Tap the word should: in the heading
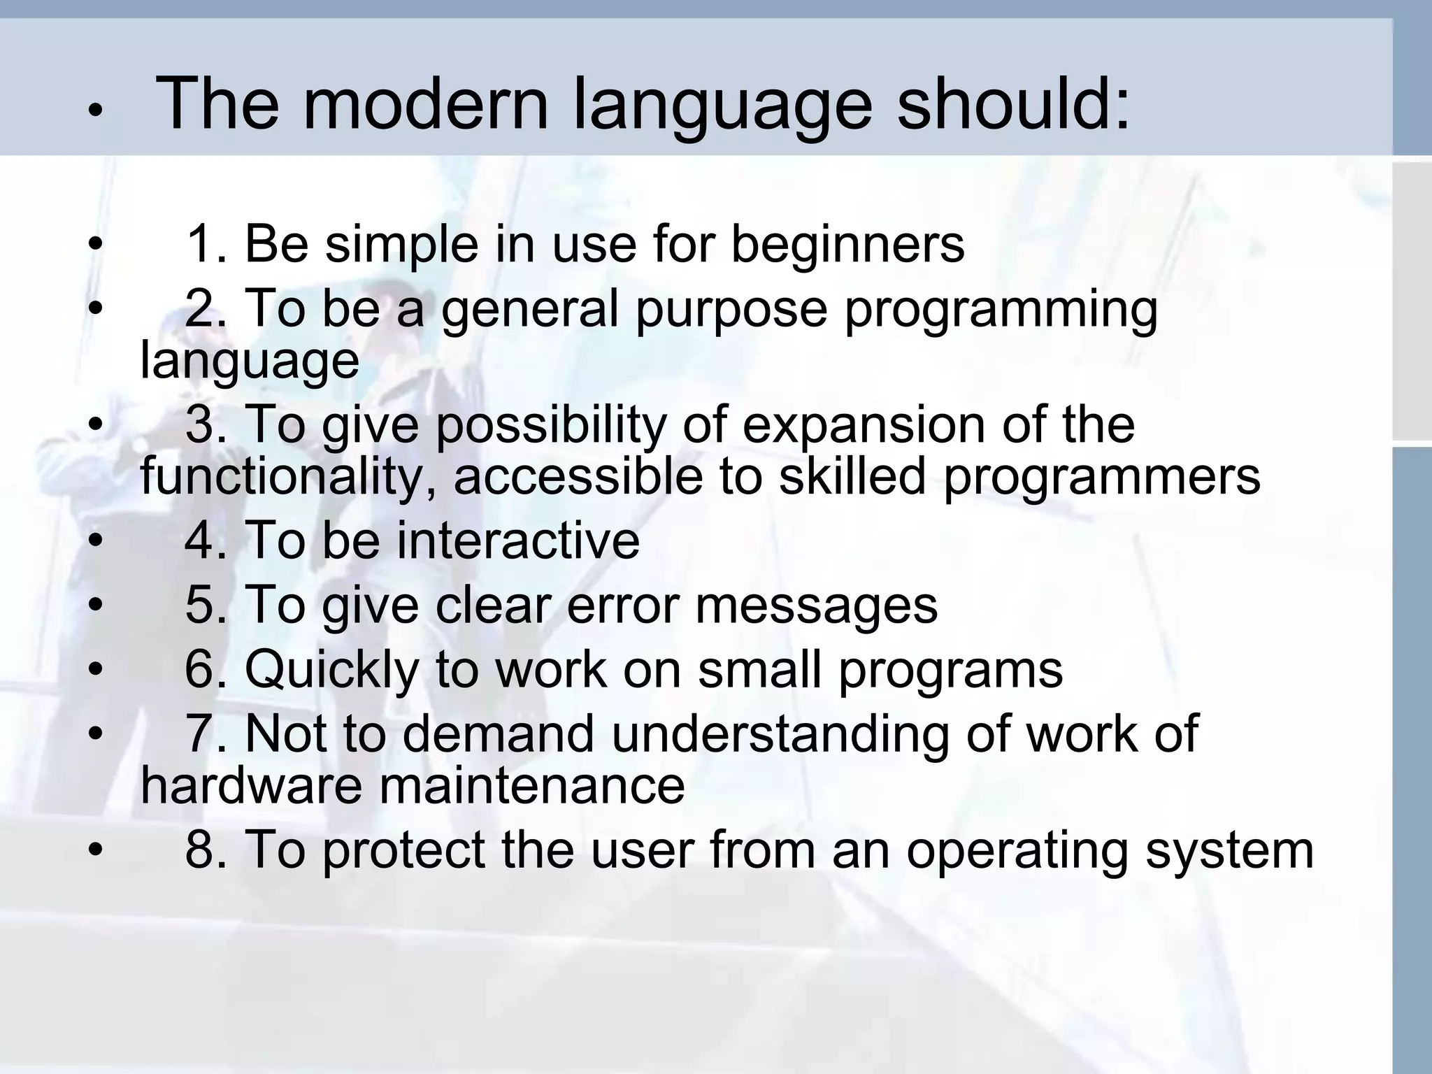click(1012, 105)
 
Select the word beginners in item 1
click(847, 245)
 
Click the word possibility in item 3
click(551, 425)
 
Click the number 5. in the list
click(206, 605)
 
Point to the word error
click(622, 605)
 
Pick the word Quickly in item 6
click(331, 670)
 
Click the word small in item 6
click(759, 670)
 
